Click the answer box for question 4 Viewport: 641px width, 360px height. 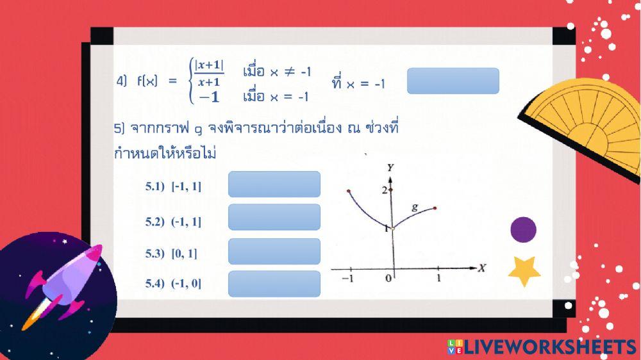click(453, 81)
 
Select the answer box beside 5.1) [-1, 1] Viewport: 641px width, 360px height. click(274, 184)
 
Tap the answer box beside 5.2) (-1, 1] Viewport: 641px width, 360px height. click(274, 217)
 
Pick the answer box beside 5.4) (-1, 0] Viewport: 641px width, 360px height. click(274, 284)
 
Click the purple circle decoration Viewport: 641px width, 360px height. click(523, 230)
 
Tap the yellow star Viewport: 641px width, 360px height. click(524, 271)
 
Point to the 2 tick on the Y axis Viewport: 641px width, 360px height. click(385, 190)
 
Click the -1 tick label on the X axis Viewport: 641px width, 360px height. click(348, 279)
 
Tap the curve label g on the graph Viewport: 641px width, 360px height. click(415, 207)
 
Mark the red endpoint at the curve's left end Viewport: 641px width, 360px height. click(348, 191)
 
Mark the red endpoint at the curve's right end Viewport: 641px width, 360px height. click(435, 208)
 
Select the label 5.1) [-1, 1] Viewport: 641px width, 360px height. click(173, 186)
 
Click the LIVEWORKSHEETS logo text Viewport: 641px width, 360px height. click(548, 347)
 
